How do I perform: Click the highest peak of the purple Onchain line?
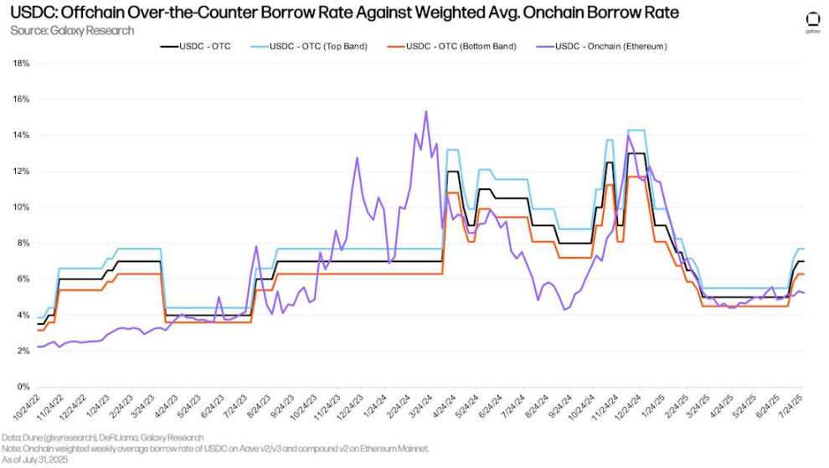click(x=426, y=111)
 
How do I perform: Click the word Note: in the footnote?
click(x=14, y=449)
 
